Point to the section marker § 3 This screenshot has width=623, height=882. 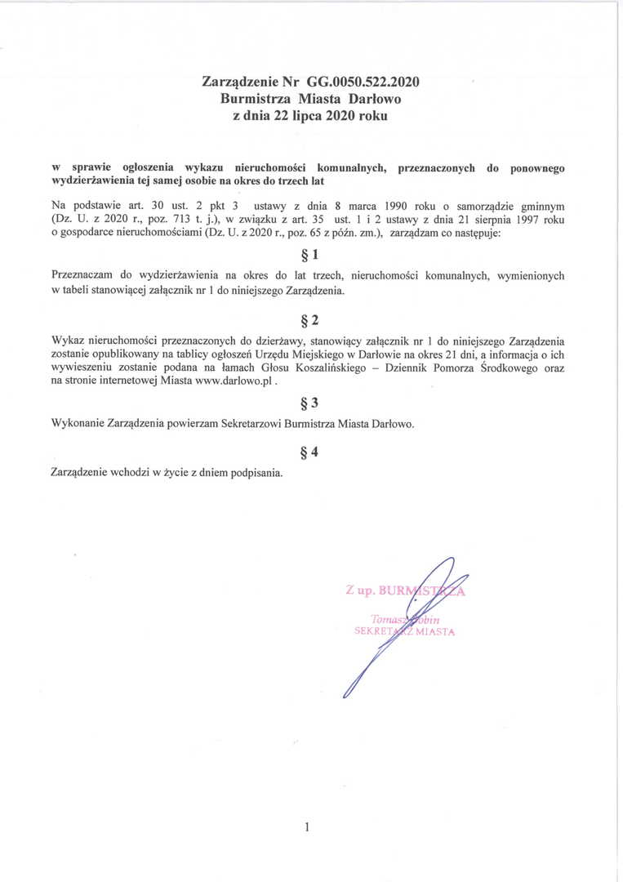(310, 403)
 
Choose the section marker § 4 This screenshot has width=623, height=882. (310, 452)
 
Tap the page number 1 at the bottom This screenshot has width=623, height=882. (306, 827)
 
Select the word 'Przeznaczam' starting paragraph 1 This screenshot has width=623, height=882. (82, 276)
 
